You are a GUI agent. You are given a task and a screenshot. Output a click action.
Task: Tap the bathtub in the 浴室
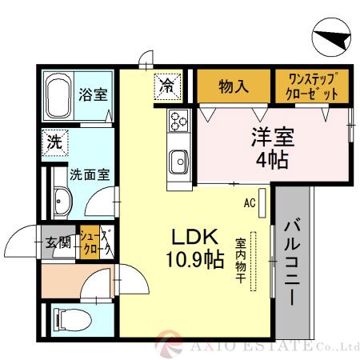pyautogui.click(x=58, y=98)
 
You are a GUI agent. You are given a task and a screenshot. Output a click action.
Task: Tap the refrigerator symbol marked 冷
pyautogui.click(x=166, y=83)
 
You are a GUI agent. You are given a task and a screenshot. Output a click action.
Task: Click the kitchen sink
pyautogui.click(x=178, y=161)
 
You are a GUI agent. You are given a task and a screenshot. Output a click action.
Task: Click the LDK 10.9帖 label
pyautogui.click(x=194, y=248)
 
